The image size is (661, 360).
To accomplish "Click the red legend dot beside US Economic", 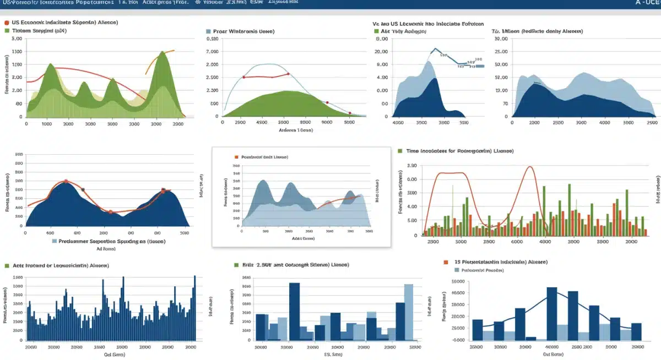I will click(6, 23).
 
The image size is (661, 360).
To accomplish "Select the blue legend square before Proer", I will click(209, 32).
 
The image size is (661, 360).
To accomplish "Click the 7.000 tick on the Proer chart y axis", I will click(212, 52).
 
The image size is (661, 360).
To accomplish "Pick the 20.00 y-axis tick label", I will click(382, 52).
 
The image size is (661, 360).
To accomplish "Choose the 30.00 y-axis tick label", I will click(501, 39).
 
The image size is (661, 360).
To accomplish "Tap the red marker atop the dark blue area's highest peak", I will click(66, 181).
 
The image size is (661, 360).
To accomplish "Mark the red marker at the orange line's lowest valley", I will click(110, 212).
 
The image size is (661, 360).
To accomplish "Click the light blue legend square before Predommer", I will click(55, 241).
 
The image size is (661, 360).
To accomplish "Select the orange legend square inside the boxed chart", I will click(236, 157).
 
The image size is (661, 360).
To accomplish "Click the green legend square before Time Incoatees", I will click(400, 150).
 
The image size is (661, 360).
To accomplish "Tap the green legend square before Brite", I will click(237, 265).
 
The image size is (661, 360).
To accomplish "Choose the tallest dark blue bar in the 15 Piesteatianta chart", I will click(551, 313).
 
